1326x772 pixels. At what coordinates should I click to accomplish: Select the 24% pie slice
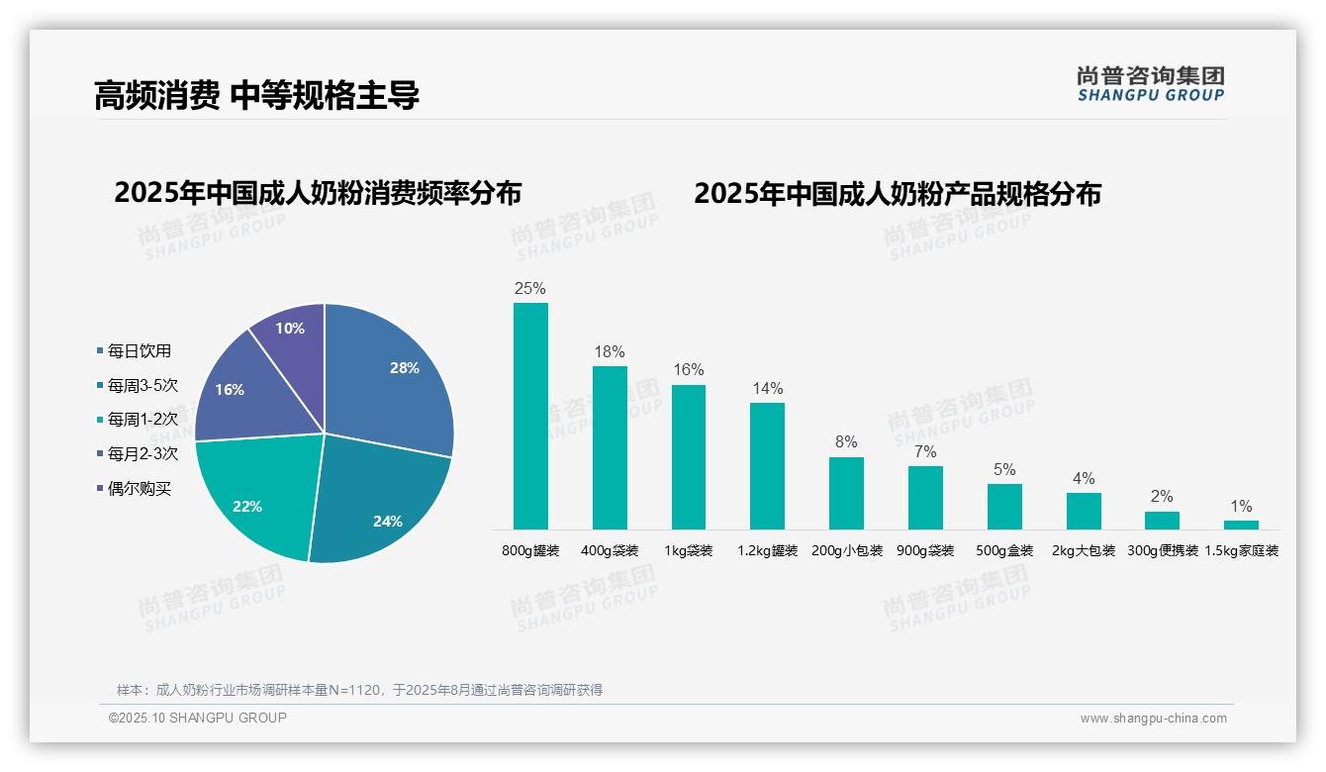tap(381, 505)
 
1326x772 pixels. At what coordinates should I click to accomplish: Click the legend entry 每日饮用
tap(139, 350)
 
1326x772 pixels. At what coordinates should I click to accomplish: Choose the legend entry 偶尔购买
tap(139, 489)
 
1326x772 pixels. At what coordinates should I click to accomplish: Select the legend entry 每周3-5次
tap(142, 385)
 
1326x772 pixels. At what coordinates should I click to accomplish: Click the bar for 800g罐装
tap(530, 416)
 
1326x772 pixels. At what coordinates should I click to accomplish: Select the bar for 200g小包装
tap(846, 493)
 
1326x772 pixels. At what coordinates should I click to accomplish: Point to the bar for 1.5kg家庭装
tap(1241, 525)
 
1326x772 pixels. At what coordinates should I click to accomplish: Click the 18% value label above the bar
tap(610, 352)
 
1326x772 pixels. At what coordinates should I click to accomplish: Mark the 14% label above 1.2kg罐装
tap(767, 388)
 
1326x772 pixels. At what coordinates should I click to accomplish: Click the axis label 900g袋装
tap(925, 551)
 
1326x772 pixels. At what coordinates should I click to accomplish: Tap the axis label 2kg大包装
tap(1084, 551)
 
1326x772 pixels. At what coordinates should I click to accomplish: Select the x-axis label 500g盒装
tap(1004, 551)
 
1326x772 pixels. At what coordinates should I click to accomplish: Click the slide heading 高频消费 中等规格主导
tap(256, 95)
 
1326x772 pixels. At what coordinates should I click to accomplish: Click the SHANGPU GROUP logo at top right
tap(1151, 84)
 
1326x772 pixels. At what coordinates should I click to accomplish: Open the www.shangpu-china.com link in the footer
tap(1153, 719)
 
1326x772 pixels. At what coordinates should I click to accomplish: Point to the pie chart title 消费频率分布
tap(318, 193)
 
